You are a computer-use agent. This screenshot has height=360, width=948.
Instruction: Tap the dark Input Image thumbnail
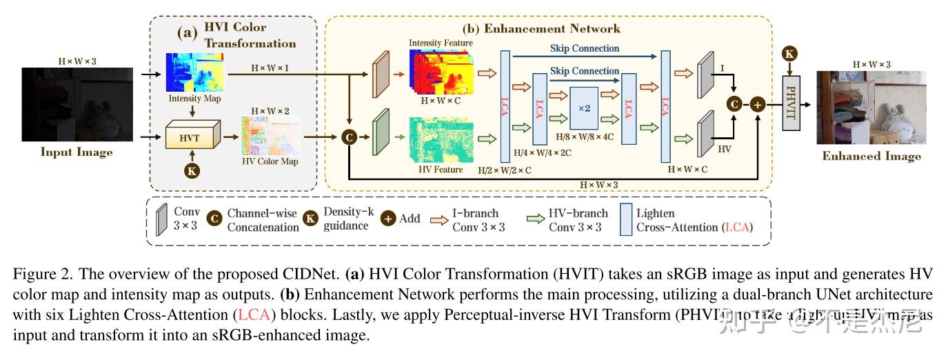(x=77, y=104)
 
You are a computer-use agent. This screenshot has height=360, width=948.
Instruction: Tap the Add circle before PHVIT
(x=758, y=104)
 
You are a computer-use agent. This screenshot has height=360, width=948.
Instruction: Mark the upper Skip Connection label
(x=585, y=48)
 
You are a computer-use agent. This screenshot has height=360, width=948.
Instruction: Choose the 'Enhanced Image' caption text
(x=871, y=156)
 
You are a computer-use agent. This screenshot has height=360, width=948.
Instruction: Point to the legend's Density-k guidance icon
(x=311, y=218)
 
